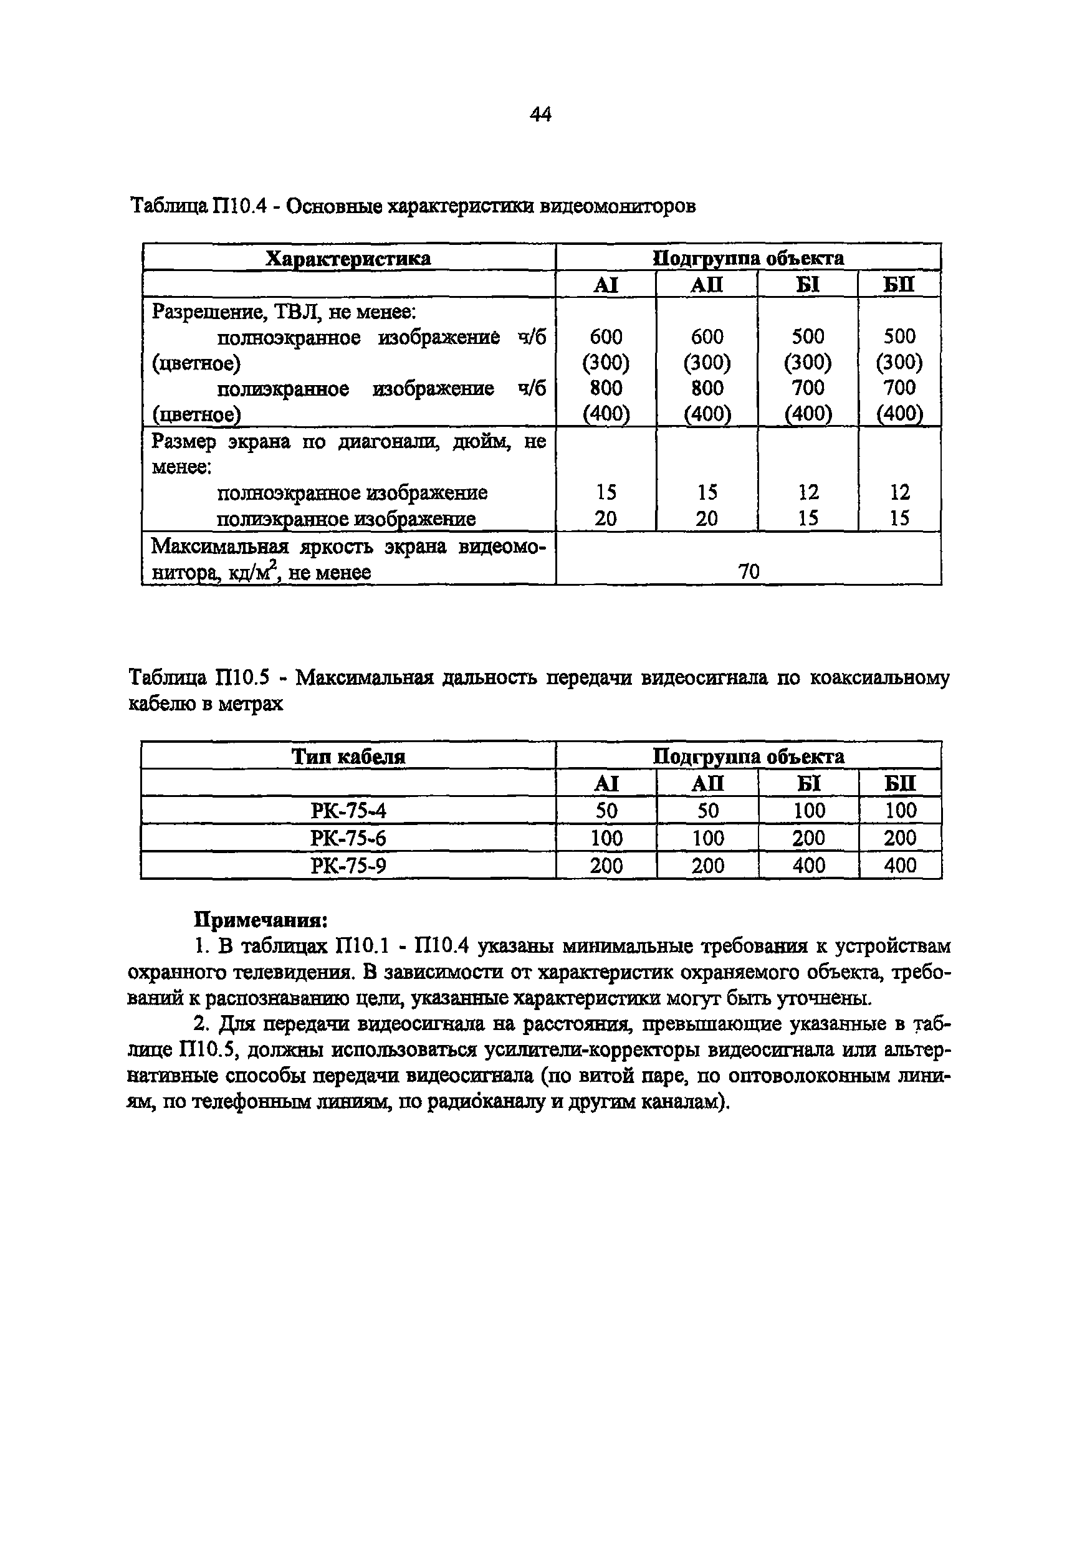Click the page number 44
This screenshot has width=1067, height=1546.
click(x=540, y=115)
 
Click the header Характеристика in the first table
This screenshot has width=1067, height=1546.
click(x=348, y=258)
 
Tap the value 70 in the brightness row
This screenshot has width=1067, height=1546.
click(x=749, y=571)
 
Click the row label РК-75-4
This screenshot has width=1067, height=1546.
click(x=348, y=811)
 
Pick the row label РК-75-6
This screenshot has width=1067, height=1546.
click(x=348, y=838)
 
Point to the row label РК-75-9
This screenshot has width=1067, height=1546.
click(x=348, y=866)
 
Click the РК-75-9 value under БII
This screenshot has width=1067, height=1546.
click(x=900, y=866)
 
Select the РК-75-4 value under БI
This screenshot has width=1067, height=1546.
click(x=808, y=811)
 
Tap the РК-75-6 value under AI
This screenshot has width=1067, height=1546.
click(x=606, y=838)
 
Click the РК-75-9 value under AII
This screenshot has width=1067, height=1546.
click(x=707, y=866)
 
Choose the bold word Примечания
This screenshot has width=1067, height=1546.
click(x=260, y=920)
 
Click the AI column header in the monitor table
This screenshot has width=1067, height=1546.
click(x=606, y=285)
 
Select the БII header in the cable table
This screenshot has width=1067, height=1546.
click(x=900, y=783)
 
